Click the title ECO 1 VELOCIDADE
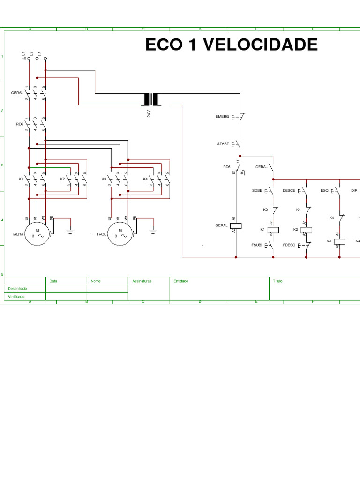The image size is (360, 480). click(x=231, y=45)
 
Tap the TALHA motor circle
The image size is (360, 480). click(x=38, y=233)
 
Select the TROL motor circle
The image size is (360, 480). click(x=120, y=233)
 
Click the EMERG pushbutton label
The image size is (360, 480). click(x=222, y=116)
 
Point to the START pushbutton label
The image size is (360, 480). click(x=223, y=144)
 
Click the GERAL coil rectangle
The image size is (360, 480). click(x=237, y=225)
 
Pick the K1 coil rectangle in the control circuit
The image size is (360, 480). click(x=273, y=229)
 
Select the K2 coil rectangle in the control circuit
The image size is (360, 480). click(x=306, y=229)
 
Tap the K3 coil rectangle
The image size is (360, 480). click(x=339, y=241)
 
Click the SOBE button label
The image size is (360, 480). click(x=257, y=191)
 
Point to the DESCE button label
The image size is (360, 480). click(x=289, y=191)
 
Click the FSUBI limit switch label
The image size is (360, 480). click(x=256, y=245)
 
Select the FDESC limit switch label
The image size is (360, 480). click(x=289, y=245)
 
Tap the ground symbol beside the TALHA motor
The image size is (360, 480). click(x=70, y=230)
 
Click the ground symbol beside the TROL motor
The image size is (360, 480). click(x=153, y=230)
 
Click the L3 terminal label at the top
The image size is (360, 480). click(x=40, y=54)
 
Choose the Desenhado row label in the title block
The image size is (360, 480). click(x=17, y=289)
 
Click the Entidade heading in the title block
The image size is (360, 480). click(x=180, y=281)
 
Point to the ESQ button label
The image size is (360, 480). click(x=324, y=191)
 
